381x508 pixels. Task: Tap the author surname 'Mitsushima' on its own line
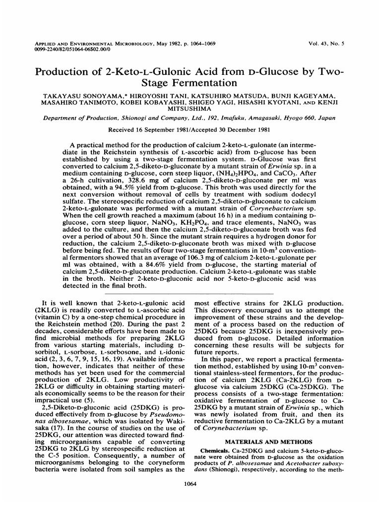pos(190,109)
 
